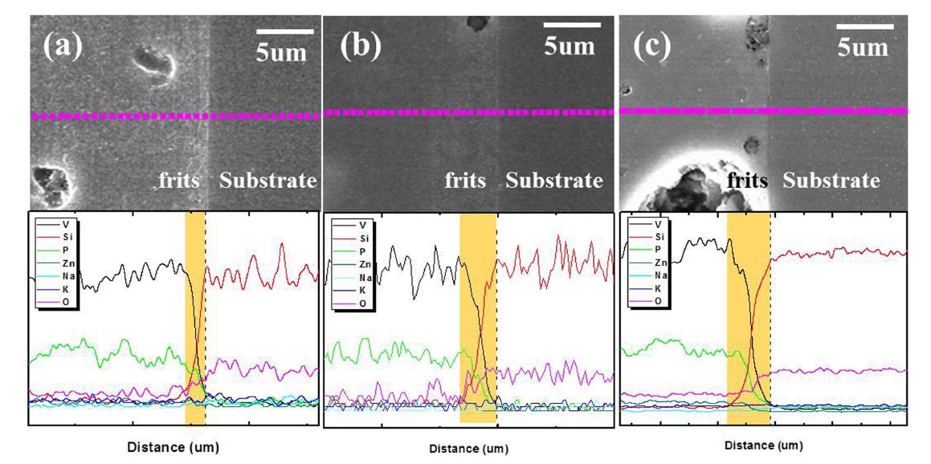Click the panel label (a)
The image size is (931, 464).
[61, 46]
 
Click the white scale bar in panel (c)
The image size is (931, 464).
[864, 26]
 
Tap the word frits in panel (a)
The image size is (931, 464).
[184, 180]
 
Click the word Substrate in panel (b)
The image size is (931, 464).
[554, 181]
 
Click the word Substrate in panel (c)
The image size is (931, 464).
[831, 181]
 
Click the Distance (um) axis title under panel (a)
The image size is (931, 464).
[173, 447]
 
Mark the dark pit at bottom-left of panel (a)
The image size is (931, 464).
[51, 183]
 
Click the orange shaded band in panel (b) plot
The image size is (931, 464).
[477, 321]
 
